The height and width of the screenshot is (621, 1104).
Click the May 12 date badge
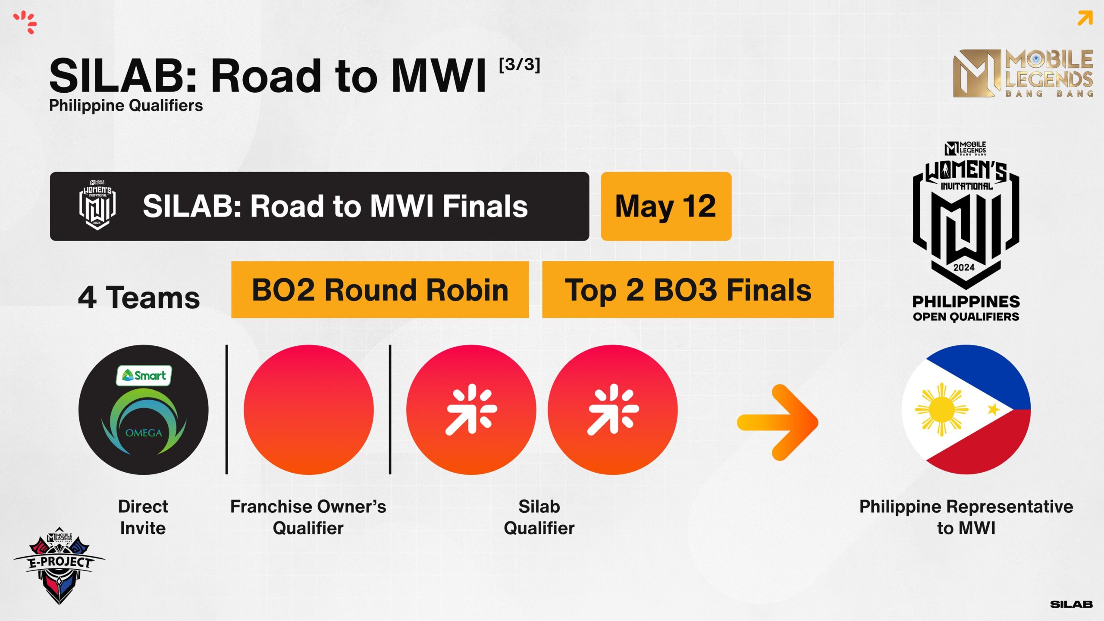pos(666,206)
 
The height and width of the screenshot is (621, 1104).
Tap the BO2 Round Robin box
pos(380,289)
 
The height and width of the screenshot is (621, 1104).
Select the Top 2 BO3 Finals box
pos(688,289)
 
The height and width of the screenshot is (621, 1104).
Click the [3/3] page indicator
pos(519,65)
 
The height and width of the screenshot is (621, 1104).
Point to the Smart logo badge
pos(144,376)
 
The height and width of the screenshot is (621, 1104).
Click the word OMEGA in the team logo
pos(144,433)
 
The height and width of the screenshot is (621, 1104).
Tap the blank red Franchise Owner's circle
pos(309,410)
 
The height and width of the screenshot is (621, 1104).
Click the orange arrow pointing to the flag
pos(778,422)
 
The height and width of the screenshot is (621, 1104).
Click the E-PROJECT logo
pos(59,565)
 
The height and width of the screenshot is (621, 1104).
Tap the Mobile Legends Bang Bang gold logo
pos(1023,73)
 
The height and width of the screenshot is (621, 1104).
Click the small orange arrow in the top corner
pos(1085,19)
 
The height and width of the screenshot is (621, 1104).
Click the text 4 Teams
pos(139,298)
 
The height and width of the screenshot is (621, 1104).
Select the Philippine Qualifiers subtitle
pos(126,106)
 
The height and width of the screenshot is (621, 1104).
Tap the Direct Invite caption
pos(143,517)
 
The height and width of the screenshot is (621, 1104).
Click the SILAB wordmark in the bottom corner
pos(1071,605)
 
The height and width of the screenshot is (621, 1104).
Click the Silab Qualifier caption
pos(539,517)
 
